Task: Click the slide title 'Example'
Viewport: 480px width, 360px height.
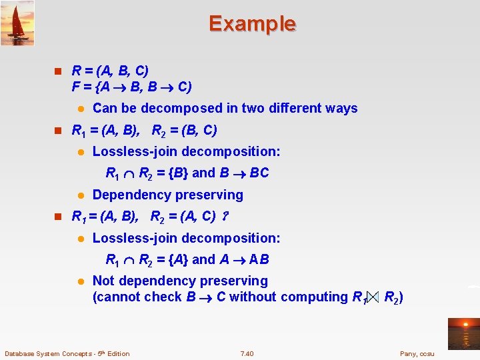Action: coord(252,24)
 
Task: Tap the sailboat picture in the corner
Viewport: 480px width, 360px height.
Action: coord(17,23)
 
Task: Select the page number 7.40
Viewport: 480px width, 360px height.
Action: coord(247,353)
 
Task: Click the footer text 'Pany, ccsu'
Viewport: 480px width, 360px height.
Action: coord(417,353)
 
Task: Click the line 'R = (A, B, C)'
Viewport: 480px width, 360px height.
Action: coord(110,71)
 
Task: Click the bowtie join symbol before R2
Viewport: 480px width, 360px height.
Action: coord(371,297)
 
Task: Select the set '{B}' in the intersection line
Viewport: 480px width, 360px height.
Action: coord(179,173)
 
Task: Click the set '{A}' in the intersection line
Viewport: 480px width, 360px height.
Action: coord(179,259)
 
